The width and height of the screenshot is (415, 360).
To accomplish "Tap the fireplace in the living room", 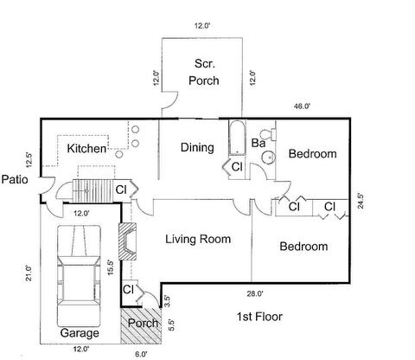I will coord(128,243).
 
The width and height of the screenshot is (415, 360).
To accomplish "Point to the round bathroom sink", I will coord(268,158).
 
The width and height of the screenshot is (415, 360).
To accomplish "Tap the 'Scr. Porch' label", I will coord(204,73).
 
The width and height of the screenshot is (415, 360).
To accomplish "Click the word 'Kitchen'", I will coord(86,149).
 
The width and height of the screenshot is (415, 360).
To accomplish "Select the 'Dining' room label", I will coord(197,147).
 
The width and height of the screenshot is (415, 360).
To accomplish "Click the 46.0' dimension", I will coord(302,106).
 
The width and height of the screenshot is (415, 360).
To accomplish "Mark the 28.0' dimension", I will coord(252,294).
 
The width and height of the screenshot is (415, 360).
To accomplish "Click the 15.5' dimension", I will coord(110,265).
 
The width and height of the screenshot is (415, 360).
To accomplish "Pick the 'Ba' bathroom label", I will coord(258,143).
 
